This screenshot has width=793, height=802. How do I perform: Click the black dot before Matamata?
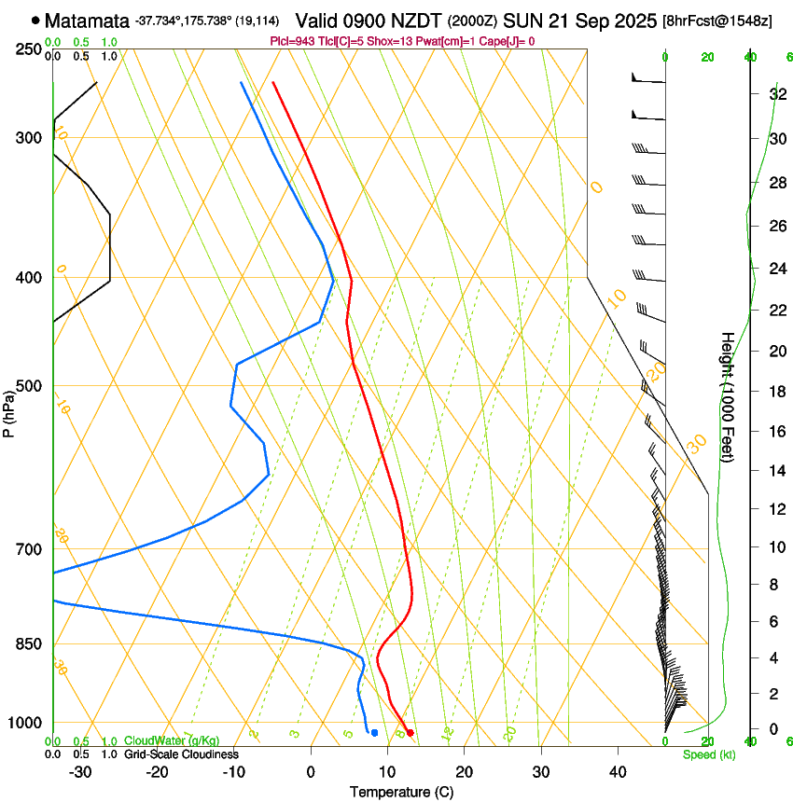[x=35, y=20]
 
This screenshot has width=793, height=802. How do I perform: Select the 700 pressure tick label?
[x=30, y=549]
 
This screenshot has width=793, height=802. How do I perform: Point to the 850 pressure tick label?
[x=30, y=644]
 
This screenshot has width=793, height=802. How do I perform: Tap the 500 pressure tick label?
[x=30, y=386]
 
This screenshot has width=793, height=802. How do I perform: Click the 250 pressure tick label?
[x=30, y=48]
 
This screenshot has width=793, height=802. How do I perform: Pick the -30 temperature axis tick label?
[x=80, y=772]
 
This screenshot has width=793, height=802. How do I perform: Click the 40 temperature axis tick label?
[x=617, y=772]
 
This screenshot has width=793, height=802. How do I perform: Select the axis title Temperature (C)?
[x=401, y=792]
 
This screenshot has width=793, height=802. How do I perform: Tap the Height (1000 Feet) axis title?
[x=728, y=396]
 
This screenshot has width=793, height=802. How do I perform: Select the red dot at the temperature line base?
[x=410, y=733]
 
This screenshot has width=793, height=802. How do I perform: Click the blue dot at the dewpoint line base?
[x=374, y=733]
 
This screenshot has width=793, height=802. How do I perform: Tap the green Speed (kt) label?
[x=709, y=754]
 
